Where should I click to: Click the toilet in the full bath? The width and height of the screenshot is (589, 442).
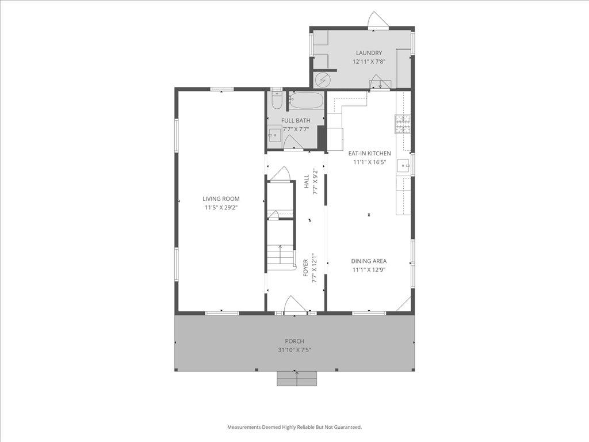pyautogui.click(x=277, y=101)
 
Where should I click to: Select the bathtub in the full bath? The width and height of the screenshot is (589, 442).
pyautogui.click(x=306, y=102)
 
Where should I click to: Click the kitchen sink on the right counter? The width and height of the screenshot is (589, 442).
pyautogui.click(x=405, y=166)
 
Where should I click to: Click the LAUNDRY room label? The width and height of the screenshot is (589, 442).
pyautogui.click(x=368, y=53)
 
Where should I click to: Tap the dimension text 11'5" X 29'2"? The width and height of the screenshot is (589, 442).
pyautogui.click(x=220, y=207)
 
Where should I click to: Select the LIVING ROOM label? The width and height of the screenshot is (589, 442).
pyautogui.click(x=220, y=199)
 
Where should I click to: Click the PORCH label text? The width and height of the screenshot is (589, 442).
pyautogui.click(x=294, y=341)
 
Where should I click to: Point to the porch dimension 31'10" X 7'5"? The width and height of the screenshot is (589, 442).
pyautogui.click(x=294, y=350)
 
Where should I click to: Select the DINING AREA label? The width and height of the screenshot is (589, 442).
pyautogui.click(x=369, y=261)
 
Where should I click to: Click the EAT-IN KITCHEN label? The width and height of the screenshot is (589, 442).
pyautogui.click(x=369, y=154)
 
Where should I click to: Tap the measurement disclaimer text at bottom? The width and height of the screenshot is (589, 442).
pyautogui.click(x=294, y=427)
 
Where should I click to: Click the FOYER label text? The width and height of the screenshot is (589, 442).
pyautogui.click(x=306, y=268)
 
